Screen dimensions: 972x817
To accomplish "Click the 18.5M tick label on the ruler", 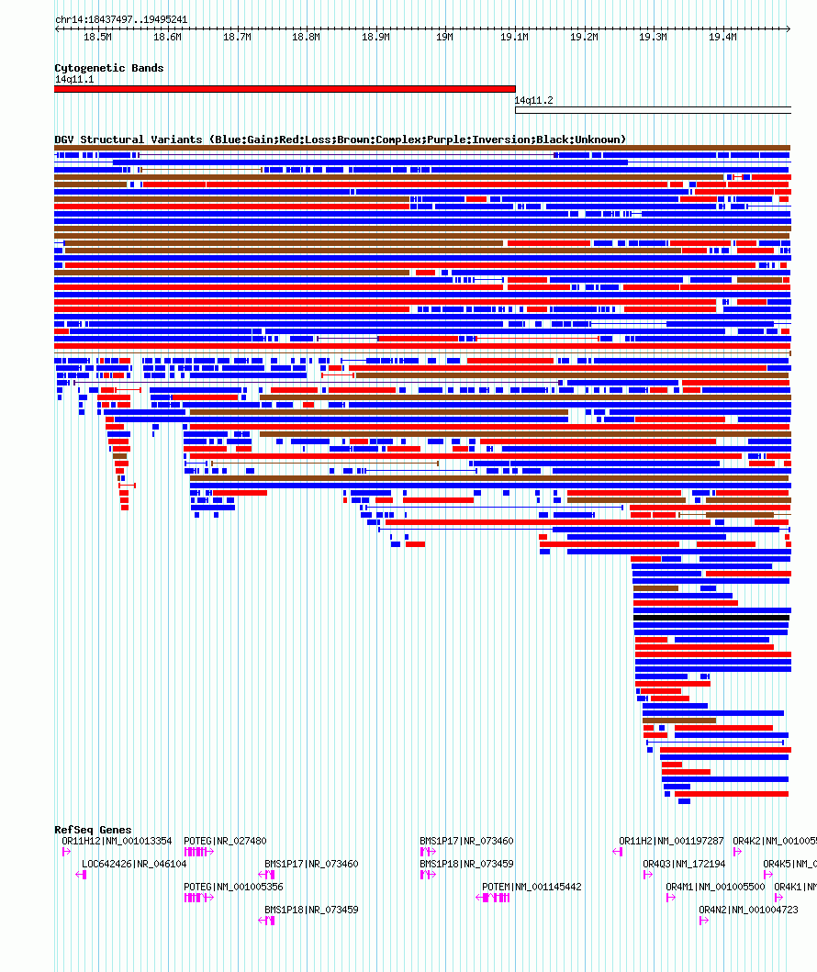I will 97,38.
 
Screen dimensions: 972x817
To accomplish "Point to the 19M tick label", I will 444,38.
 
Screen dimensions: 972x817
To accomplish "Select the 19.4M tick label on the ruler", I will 722,38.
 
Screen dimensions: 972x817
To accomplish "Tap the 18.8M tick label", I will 306,38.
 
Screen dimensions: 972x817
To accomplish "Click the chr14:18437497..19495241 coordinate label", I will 121,19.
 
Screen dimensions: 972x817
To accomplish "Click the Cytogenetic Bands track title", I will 108,68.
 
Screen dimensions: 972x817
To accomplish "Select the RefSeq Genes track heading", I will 93,830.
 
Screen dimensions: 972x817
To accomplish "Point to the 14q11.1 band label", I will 73,79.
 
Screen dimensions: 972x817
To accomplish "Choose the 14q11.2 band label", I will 533,100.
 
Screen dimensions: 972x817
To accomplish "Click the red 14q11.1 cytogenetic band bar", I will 285,89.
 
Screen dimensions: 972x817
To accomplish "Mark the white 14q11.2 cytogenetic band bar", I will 653,110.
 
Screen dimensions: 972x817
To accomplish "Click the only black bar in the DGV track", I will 711,618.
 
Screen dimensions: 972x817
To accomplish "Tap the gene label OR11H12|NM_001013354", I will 117,841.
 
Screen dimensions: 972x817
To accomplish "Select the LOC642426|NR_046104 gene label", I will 134,864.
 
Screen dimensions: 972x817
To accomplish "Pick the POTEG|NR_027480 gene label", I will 225,841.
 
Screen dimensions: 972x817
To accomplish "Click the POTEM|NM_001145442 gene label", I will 532,887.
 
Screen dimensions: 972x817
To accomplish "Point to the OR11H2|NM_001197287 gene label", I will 671,841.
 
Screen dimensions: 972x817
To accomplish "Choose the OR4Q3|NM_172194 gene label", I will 683,864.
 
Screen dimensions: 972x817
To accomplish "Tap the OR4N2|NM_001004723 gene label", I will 748,910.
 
